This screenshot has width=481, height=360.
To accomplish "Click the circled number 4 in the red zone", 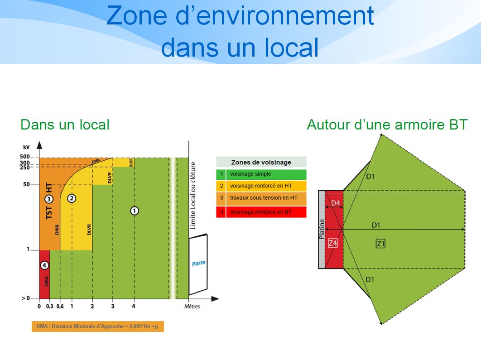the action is tap(44, 265).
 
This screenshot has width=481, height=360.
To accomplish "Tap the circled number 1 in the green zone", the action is tap(135, 211).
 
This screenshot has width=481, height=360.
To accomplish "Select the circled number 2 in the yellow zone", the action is tap(72, 198).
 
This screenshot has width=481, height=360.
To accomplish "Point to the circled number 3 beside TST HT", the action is tap(49, 199).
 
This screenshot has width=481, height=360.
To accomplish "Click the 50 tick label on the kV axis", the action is tap(26, 184).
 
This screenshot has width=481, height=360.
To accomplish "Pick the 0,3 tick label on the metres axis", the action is tap(50, 306).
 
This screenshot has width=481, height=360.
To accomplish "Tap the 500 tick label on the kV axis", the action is tap(24, 157).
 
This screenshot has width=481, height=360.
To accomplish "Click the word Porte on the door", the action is tap(199, 263).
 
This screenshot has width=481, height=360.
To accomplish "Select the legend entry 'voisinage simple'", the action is tap(250, 174).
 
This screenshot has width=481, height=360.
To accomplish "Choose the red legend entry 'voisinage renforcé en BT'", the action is tap(261, 212).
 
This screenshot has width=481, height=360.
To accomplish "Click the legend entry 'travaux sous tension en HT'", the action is tap(264, 198).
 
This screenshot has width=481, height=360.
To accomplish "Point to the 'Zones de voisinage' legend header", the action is tap(261, 162).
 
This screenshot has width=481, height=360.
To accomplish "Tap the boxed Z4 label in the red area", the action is tap(333, 243).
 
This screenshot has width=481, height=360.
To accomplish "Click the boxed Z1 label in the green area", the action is tap(380, 244).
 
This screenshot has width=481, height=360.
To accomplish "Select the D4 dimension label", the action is tap(335, 203).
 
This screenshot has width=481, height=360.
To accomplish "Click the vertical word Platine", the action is tap(322, 229).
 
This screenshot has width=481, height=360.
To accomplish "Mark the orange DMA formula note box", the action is tap(97, 326).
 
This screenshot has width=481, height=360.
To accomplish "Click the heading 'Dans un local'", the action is tap(65, 125).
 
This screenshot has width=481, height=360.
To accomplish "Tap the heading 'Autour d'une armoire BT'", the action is tap(387, 125).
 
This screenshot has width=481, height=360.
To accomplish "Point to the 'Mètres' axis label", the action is tap(192, 306).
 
